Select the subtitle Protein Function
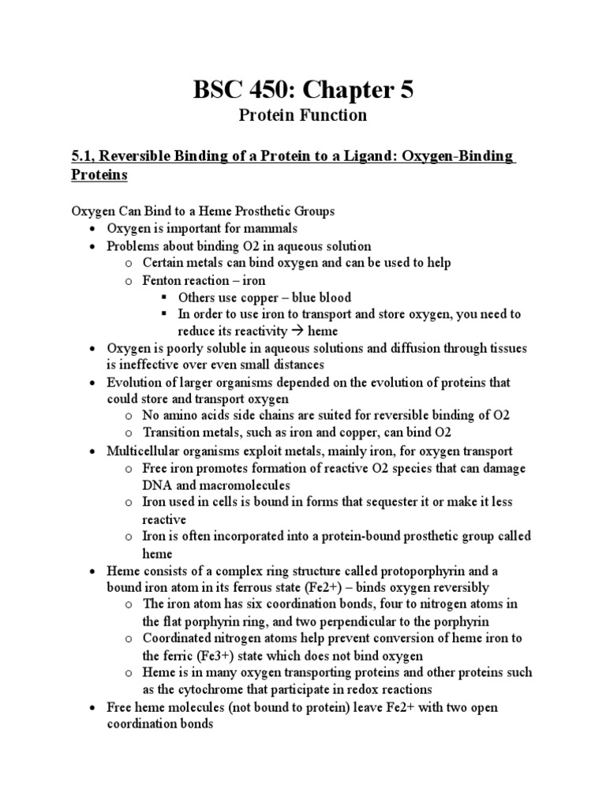click(x=303, y=115)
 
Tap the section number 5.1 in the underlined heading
click(x=83, y=157)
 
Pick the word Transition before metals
click(x=171, y=433)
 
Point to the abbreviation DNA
click(x=158, y=484)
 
